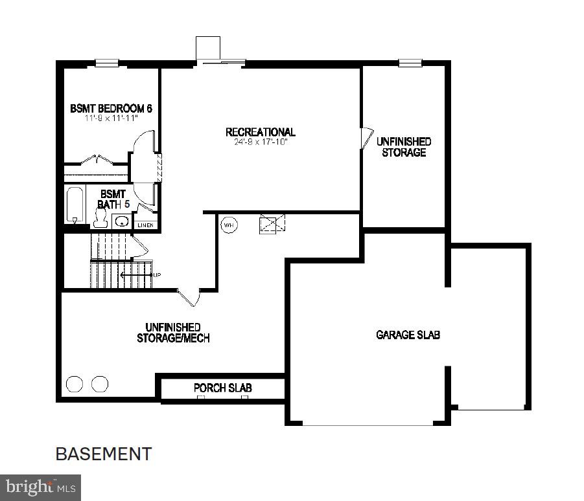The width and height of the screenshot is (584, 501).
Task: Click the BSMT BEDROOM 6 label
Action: point(111,108)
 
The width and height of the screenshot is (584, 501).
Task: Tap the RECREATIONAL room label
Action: point(260,132)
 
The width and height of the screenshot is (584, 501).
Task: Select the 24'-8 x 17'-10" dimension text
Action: point(260,142)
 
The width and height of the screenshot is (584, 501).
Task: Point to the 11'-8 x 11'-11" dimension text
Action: point(111,118)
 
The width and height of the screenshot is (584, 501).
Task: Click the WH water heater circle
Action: point(228,225)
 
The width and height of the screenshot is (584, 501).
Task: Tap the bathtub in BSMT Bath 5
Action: point(75,205)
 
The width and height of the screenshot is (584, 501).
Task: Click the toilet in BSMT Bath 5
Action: point(100,219)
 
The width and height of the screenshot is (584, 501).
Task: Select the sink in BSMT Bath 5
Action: point(121,221)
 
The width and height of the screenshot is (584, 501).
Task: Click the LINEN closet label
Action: point(146,225)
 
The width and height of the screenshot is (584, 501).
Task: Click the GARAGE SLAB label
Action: point(408,335)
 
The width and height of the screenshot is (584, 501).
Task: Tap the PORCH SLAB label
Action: point(222,388)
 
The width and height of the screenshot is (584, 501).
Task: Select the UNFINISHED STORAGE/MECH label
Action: point(173,333)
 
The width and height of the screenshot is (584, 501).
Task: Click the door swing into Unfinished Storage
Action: point(366,137)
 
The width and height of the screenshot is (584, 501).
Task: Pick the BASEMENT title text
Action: point(104,454)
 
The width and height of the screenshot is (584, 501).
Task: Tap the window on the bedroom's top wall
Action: point(107,63)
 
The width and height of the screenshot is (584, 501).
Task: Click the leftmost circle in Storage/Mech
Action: point(75,384)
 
